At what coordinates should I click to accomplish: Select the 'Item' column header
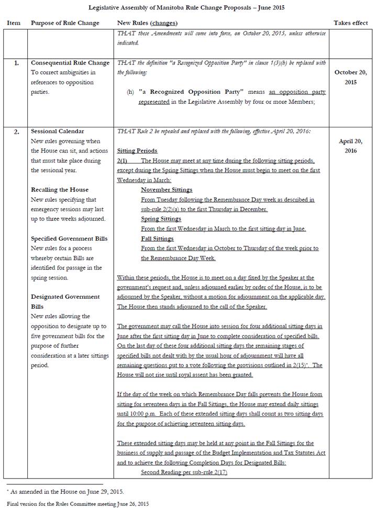tap(14, 23)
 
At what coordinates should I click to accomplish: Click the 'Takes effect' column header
tap(351, 23)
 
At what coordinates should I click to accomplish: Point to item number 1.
tap(16, 63)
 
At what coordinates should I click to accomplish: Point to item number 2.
tap(16, 132)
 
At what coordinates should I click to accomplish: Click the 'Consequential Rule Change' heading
tap(70, 63)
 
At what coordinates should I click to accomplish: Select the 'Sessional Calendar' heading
tap(58, 132)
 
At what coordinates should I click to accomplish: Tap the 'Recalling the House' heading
tap(60, 190)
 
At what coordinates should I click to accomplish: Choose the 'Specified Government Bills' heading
tap(69, 239)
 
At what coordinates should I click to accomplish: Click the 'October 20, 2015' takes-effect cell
tap(351, 77)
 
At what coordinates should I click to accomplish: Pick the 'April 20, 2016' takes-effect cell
tap(351, 146)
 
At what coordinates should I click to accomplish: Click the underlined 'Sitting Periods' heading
tap(137, 151)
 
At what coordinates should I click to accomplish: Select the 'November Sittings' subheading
tap(167, 190)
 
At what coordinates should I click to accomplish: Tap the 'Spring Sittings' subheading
tap(161, 219)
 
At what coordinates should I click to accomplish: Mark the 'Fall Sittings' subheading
tap(158, 239)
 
